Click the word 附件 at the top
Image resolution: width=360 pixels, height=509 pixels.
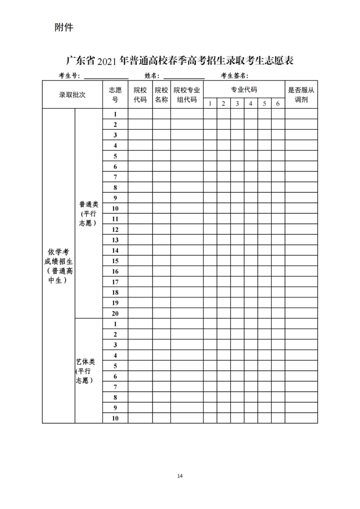(64, 27)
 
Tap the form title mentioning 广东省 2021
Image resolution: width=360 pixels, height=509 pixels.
(180, 61)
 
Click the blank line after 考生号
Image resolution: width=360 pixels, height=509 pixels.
(106, 76)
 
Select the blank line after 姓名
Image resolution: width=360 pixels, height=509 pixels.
(184, 76)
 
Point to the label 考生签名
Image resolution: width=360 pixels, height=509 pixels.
(234, 76)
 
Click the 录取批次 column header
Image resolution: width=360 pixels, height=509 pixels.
(72, 95)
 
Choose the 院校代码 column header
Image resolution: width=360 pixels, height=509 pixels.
(140, 95)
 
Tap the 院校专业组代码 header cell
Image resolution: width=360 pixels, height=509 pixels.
(187, 95)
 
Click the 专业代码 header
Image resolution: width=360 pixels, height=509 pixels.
(244, 90)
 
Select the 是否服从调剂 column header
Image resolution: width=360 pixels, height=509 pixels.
(301, 95)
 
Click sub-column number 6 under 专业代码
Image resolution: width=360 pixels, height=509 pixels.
(278, 104)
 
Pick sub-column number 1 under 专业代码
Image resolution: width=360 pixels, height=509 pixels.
(210, 104)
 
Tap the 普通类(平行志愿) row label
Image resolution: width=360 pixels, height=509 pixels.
(89, 213)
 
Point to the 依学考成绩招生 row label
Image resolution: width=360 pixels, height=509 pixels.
(59, 266)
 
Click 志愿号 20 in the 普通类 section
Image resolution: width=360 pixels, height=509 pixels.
(115, 313)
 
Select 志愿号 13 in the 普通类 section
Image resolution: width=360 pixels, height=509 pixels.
(115, 240)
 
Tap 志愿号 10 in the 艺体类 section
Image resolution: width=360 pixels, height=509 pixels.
(115, 418)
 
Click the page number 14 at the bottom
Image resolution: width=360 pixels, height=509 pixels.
(180, 476)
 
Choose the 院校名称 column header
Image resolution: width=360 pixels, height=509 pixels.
(162, 95)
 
